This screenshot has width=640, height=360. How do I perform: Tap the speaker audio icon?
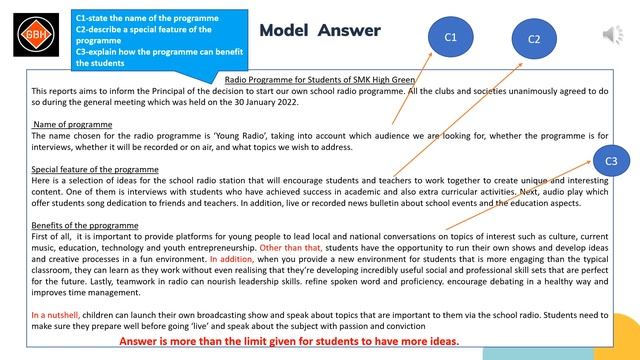click(612, 36)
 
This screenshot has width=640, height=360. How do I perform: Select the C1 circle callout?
click(450, 37)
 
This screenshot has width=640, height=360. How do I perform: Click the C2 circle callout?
click(534, 40)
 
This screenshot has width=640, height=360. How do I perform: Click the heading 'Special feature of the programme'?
click(95, 169)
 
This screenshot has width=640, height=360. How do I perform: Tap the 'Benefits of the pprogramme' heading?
click(85, 225)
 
